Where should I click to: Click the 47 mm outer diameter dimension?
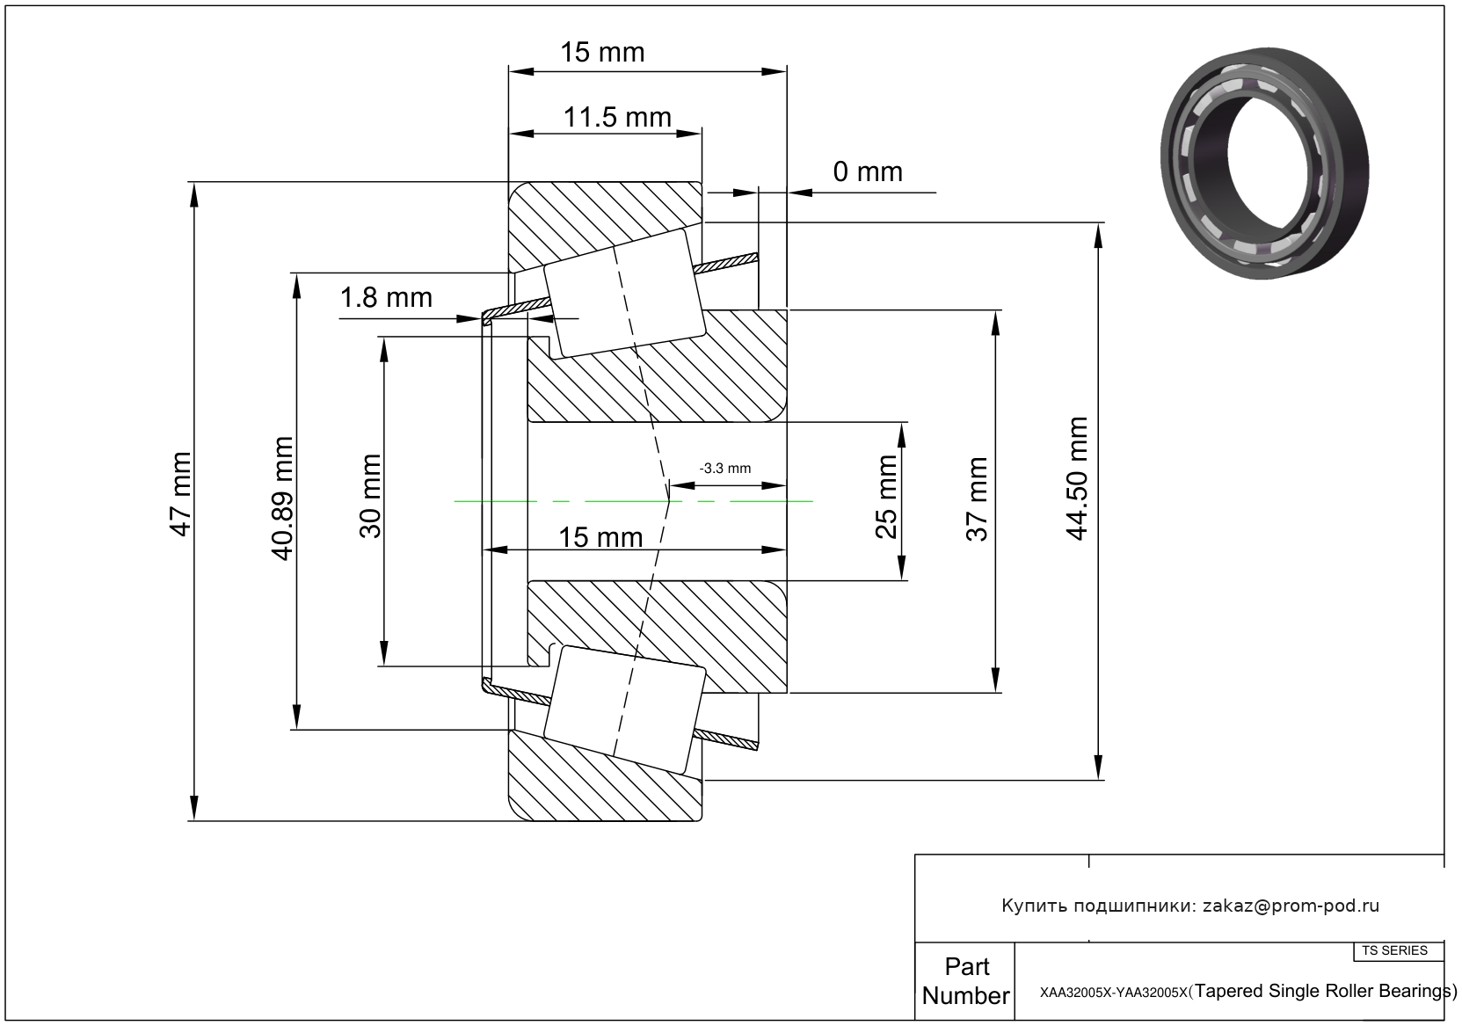180,494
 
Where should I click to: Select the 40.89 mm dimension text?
282,498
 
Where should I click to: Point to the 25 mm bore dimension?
887,497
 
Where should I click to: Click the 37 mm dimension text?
977,498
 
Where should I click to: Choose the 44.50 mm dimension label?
1077,479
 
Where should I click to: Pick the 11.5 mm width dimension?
617,117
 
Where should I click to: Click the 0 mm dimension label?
868,171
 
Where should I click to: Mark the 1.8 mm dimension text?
386,298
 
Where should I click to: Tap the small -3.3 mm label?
724,469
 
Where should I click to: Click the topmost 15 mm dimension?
602,53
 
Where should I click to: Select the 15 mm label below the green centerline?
600,537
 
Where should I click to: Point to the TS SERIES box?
1395,950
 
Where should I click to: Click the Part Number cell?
965,981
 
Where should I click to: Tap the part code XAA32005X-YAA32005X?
1114,993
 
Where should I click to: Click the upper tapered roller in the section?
624,294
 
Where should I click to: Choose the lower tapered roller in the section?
624,709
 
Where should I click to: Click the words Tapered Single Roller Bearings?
1324,992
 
